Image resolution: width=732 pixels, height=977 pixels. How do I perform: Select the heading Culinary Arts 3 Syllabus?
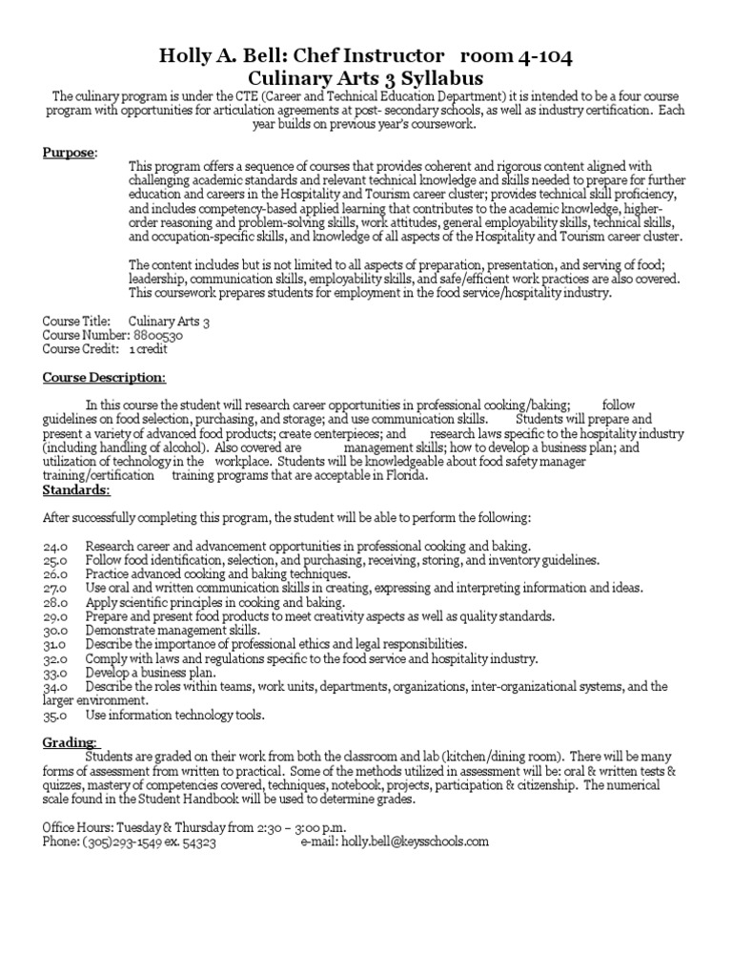[366, 78]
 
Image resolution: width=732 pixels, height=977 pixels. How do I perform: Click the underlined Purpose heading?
[68, 154]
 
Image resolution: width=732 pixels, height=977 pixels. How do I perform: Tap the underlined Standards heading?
[76, 490]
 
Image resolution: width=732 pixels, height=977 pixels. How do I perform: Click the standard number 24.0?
[55, 547]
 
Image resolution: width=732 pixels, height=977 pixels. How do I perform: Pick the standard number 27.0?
[55, 589]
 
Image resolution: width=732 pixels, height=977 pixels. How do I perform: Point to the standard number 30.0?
[55, 631]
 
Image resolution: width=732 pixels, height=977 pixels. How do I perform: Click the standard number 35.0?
[55, 715]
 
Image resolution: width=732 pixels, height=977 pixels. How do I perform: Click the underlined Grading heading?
[69, 742]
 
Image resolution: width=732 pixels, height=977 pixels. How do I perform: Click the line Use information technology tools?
[174, 715]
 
